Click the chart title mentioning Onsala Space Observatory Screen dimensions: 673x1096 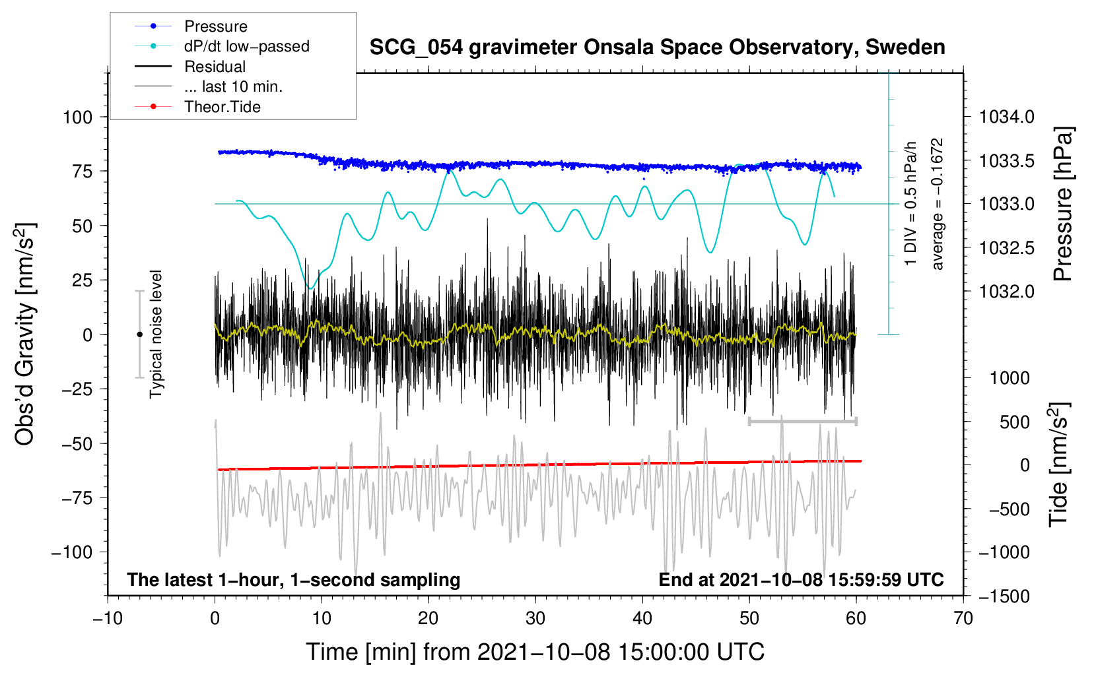[657, 48]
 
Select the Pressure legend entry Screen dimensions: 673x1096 [215, 26]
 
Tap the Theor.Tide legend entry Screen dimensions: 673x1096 [222, 107]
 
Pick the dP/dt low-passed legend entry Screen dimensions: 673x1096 [246, 46]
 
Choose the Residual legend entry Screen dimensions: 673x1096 [215, 67]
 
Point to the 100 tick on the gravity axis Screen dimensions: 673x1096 [77, 117]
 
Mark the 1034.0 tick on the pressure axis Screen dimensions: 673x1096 [1007, 117]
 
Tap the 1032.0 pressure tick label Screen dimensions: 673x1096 [1007, 292]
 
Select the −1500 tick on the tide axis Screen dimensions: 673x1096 [1004, 596]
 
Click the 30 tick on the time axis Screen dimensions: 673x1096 [535, 618]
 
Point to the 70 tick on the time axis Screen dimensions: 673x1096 [963, 618]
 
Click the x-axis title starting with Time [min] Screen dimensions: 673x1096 [535, 652]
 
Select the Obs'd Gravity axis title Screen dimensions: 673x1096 [25, 334]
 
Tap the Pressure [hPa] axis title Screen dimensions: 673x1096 [1063, 205]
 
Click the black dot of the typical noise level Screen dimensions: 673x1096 [139, 335]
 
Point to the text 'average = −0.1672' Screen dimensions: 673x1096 [937, 204]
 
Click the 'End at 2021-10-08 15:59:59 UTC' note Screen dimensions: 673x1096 [801, 580]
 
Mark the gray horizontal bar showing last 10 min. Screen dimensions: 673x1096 [802, 421]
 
